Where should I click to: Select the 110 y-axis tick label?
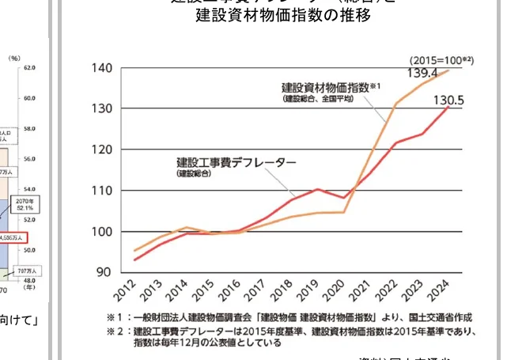tap(100, 191)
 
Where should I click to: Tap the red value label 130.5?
tap(448, 100)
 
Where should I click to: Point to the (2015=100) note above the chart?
tap(441, 60)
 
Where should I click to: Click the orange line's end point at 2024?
tap(449, 70)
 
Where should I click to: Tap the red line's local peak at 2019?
tap(316, 190)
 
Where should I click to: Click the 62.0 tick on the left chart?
tap(30, 68)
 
